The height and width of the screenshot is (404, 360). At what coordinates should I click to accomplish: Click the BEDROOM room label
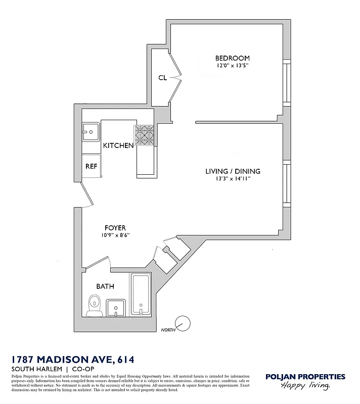233,58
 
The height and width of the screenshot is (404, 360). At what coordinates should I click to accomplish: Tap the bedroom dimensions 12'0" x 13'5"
233,66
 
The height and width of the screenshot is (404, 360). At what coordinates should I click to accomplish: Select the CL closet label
162,77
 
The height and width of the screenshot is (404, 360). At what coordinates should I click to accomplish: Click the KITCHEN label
118,145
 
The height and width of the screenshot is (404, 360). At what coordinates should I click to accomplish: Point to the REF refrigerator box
91,166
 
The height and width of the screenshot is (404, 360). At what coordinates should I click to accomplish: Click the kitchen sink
91,132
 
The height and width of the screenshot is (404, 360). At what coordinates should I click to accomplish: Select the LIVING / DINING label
233,171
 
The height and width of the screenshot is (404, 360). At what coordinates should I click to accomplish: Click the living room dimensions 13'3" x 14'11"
233,179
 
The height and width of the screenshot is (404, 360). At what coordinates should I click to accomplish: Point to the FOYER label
115,228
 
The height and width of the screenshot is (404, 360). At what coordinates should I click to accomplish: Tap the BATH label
105,286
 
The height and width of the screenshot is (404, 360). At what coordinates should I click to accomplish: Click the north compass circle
182,323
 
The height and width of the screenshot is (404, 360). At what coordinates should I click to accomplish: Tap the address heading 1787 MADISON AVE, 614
73,360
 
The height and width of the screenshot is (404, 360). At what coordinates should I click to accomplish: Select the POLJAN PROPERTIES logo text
305,377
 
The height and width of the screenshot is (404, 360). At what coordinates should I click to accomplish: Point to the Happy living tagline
305,386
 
